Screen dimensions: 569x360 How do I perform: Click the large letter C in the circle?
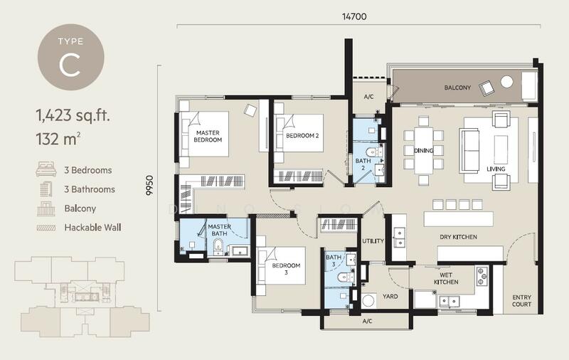[x=70, y=66]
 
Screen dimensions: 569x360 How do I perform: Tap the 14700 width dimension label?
[x=354, y=16]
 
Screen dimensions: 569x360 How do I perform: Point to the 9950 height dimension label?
[x=149, y=186]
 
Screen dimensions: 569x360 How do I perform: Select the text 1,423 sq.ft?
[x=73, y=115]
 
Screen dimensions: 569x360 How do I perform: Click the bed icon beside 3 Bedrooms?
[x=46, y=169]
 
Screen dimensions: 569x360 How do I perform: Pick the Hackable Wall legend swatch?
[x=46, y=228]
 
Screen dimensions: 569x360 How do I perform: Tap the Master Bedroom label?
[x=208, y=136]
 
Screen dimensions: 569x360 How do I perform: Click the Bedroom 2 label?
[x=302, y=136]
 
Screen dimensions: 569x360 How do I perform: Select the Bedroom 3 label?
[x=286, y=269]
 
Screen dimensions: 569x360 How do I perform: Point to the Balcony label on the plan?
[x=457, y=88]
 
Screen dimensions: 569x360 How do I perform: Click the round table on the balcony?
[x=506, y=82]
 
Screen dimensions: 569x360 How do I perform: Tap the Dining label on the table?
[x=423, y=150]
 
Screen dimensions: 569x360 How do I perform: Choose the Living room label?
[x=496, y=169]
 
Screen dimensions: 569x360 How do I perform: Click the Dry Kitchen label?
[x=458, y=237]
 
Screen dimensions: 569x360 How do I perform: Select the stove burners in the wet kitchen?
[x=482, y=276]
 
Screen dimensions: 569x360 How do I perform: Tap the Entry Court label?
[x=522, y=301]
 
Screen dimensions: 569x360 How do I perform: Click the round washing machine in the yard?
[x=369, y=301]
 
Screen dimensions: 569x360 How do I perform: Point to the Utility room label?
[x=373, y=241]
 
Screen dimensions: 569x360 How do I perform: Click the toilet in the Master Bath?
[x=218, y=245]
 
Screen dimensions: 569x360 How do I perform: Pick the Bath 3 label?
[x=333, y=260]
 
